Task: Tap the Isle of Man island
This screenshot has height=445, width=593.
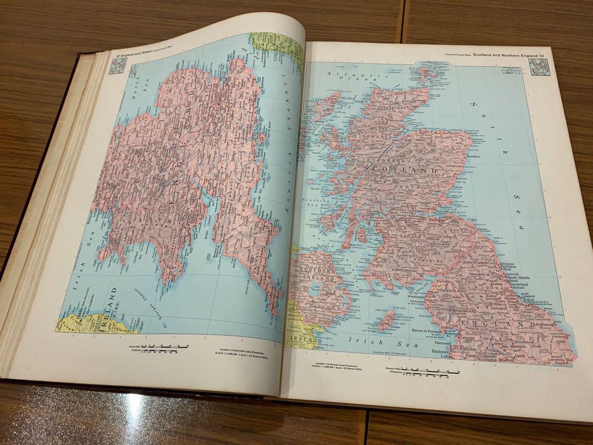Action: coord(387,319)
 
